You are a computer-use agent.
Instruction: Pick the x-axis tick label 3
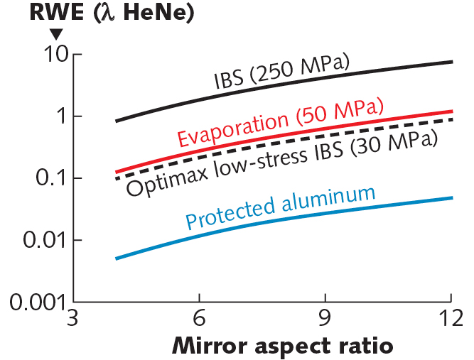tap(72, 317)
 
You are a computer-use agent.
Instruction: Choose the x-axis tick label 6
tap(200, 317)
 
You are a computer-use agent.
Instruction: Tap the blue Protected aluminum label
tap(280, 209)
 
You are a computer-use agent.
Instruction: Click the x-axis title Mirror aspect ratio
tap(281, 347)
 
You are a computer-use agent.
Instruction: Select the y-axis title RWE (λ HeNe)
tap(107, 13)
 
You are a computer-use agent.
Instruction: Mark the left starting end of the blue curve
tap(117, 258)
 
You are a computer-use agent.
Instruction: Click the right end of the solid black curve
tap(451, 62)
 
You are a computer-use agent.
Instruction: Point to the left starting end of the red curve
tap(117, 172)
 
